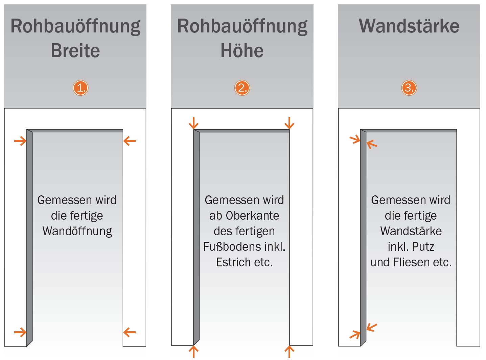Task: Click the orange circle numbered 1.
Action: [x=80, y=88]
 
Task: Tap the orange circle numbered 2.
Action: [x=242, y=88]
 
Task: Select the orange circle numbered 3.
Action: [x=409, y=88]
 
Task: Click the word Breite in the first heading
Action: [x=75, y=51]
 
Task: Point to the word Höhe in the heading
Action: [x=242, y=51]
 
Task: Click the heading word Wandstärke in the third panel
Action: [x=409, y=26]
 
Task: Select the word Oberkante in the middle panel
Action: [x=252, y=216]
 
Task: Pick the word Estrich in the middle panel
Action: [x=233, y=262]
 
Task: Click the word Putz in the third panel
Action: [x=423, y=247]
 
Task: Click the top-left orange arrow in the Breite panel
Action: [x=20, y=141]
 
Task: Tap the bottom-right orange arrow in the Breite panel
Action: [x=129, y=332]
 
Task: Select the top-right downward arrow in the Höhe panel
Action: [x=289, y=123]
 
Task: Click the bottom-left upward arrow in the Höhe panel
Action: [x=193, y=352]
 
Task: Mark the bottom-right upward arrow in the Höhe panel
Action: [x=289, y=352]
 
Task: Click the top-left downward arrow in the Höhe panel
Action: [x=193, y=123]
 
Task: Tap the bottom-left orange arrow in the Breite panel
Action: [x=20, y=332]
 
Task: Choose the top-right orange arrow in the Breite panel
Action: [x=129, y=141]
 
